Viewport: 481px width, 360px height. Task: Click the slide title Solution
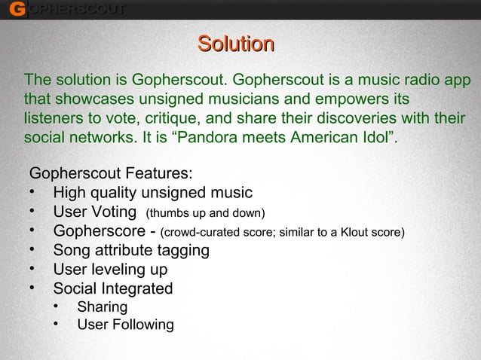(x=234, y=44)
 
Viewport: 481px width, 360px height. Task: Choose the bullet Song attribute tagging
(x=131, y=250)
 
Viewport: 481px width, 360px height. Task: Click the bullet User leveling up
(x=110, y=270)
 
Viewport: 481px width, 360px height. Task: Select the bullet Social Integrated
(x=112, y=288)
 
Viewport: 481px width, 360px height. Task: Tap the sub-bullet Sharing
(x=102, y=307)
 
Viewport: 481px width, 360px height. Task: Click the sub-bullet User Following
(x=124, y=325)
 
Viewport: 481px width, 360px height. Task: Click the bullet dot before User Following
(x=58, y=325)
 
